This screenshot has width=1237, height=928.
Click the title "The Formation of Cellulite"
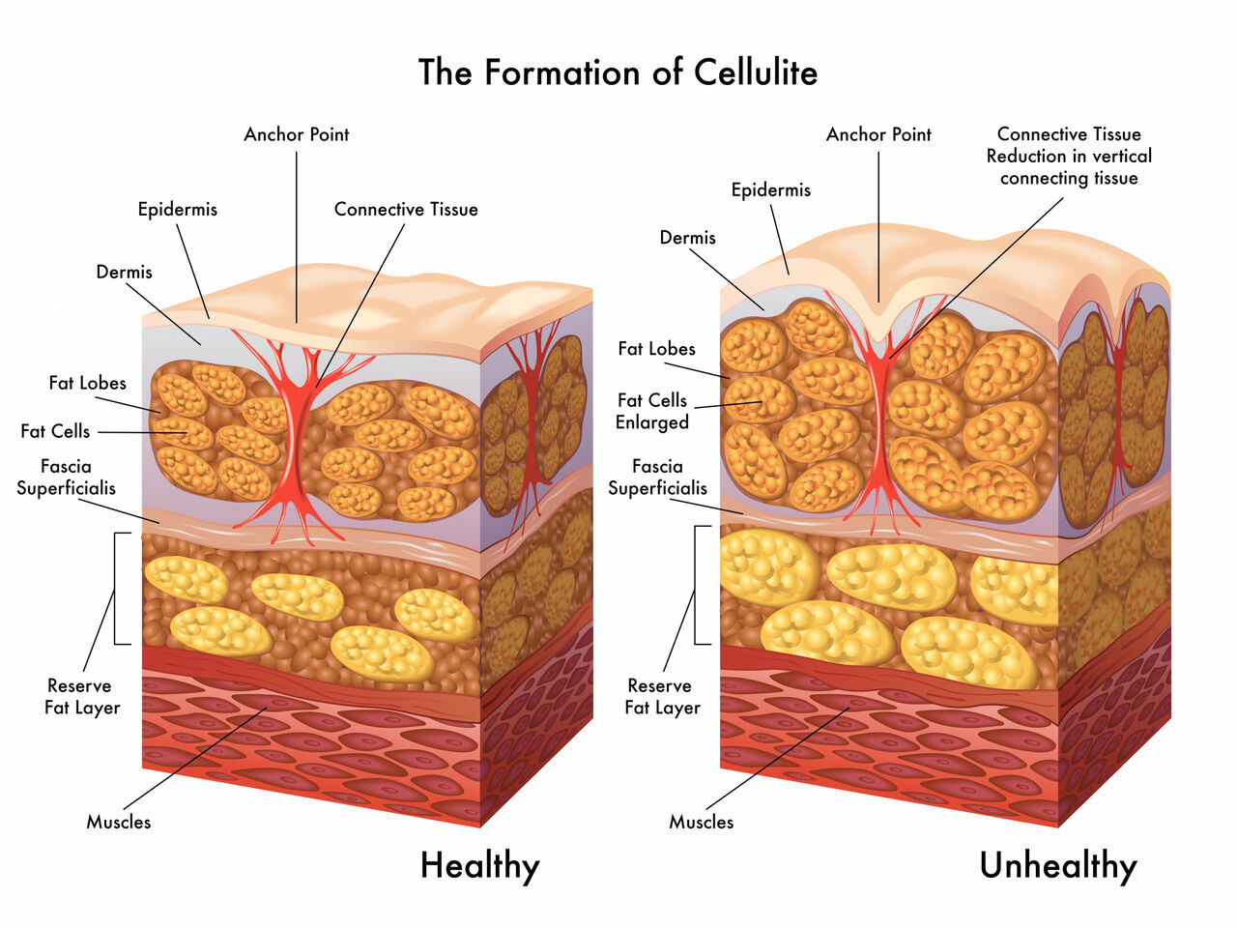[x=618, y=72]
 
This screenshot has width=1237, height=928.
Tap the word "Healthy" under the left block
[x=479, y=865]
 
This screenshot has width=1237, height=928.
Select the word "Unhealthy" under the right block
[x=1057, y=865]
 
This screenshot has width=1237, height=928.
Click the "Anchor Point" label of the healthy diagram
[x=297, y=134]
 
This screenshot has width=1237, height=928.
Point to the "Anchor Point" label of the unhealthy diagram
[x=878, y=134]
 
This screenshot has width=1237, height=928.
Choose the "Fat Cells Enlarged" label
[x=652, y=411]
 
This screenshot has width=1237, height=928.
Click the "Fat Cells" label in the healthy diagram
[x=55, y=431]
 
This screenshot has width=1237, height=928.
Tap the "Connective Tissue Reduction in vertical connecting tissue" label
[x=1069, y=156]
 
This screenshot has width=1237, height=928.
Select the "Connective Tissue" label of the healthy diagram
[x=406, y=209]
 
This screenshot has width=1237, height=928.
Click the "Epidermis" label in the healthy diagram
[x=178, y=209]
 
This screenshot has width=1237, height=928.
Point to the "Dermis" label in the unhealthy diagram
[x=688, y=237]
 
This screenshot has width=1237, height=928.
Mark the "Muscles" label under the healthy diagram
[x=119, y=822]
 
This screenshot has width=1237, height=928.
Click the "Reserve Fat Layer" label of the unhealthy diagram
[x=662, y=696]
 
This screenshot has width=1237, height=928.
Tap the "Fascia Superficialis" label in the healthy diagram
[x=66, y=478]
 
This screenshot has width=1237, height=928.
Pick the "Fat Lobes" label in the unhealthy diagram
[x=656, y=349]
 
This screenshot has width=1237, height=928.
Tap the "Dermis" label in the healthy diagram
[x=125, y=272]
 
